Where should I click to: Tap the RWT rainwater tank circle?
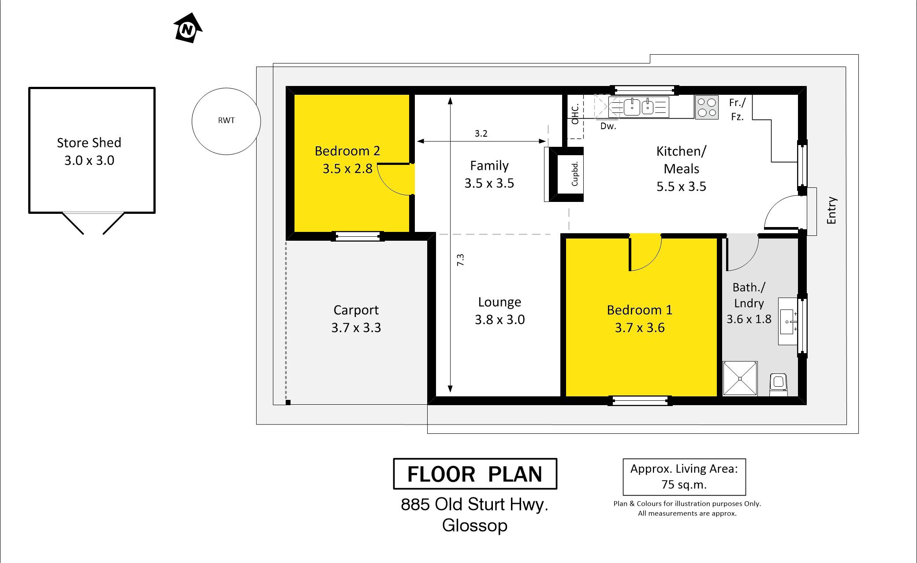coord(226,88)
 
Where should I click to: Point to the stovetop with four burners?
coord(707,107)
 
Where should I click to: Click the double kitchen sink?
coord(639,107)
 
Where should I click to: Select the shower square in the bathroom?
coord(740,378)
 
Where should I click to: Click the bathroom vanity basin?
coord(788,321)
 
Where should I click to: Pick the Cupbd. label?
coord(574,174)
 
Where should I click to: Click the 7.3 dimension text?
coord(460,260)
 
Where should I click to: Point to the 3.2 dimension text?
coord(481,134)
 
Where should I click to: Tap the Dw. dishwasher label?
coord(608,126)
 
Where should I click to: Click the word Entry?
coord(831,210)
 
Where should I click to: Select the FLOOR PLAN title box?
coord(475,474)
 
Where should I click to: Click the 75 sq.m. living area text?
coord(684,485)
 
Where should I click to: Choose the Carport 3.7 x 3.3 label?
coord(356,319)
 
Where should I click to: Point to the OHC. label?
coord(575,115)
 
